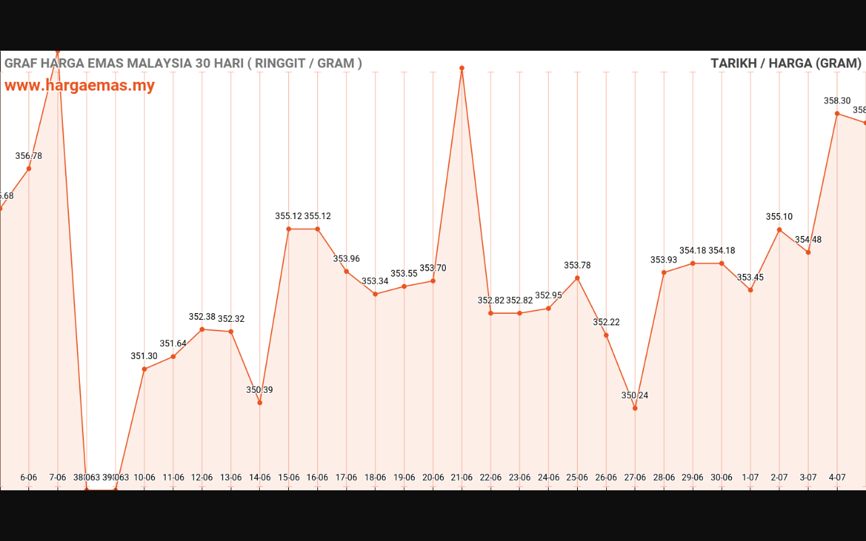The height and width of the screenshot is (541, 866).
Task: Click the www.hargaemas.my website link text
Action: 80,86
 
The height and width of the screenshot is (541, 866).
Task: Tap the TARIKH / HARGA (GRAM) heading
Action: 785,64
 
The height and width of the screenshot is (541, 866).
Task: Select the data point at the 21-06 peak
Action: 462,68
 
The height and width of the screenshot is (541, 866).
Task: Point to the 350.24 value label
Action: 635,396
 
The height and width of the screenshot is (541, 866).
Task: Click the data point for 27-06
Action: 635,408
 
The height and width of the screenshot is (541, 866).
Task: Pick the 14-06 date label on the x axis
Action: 260,477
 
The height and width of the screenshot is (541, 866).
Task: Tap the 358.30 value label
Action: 837,101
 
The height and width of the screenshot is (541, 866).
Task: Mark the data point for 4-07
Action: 837,114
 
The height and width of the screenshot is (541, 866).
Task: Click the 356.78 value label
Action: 28,156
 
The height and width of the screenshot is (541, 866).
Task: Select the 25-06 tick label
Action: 577,477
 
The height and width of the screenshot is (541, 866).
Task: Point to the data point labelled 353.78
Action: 577,278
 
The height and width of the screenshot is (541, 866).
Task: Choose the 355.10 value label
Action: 779,217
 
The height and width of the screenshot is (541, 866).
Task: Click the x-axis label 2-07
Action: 779,477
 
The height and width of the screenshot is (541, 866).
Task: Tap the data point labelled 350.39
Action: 260,402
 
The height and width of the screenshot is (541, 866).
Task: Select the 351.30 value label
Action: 144,356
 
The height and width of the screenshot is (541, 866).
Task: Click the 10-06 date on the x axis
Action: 144,477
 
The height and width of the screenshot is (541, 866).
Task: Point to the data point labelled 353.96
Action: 346,272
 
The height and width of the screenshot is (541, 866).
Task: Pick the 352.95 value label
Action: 548,296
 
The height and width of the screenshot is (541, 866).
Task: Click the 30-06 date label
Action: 721,477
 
